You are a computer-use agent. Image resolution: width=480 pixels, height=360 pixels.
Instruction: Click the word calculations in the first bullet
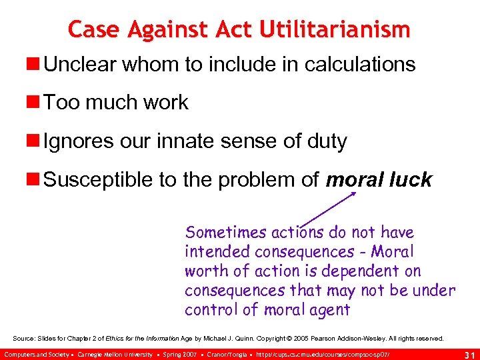coord(360,65)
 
